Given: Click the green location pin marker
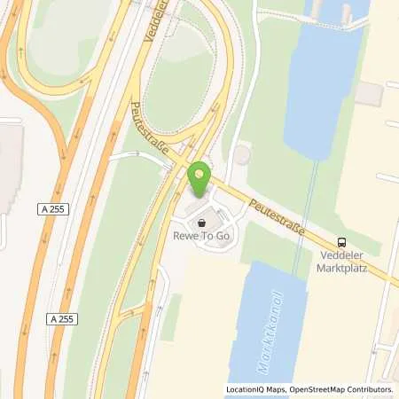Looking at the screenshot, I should point(200,179).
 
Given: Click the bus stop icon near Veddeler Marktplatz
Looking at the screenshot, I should point(342,242).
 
